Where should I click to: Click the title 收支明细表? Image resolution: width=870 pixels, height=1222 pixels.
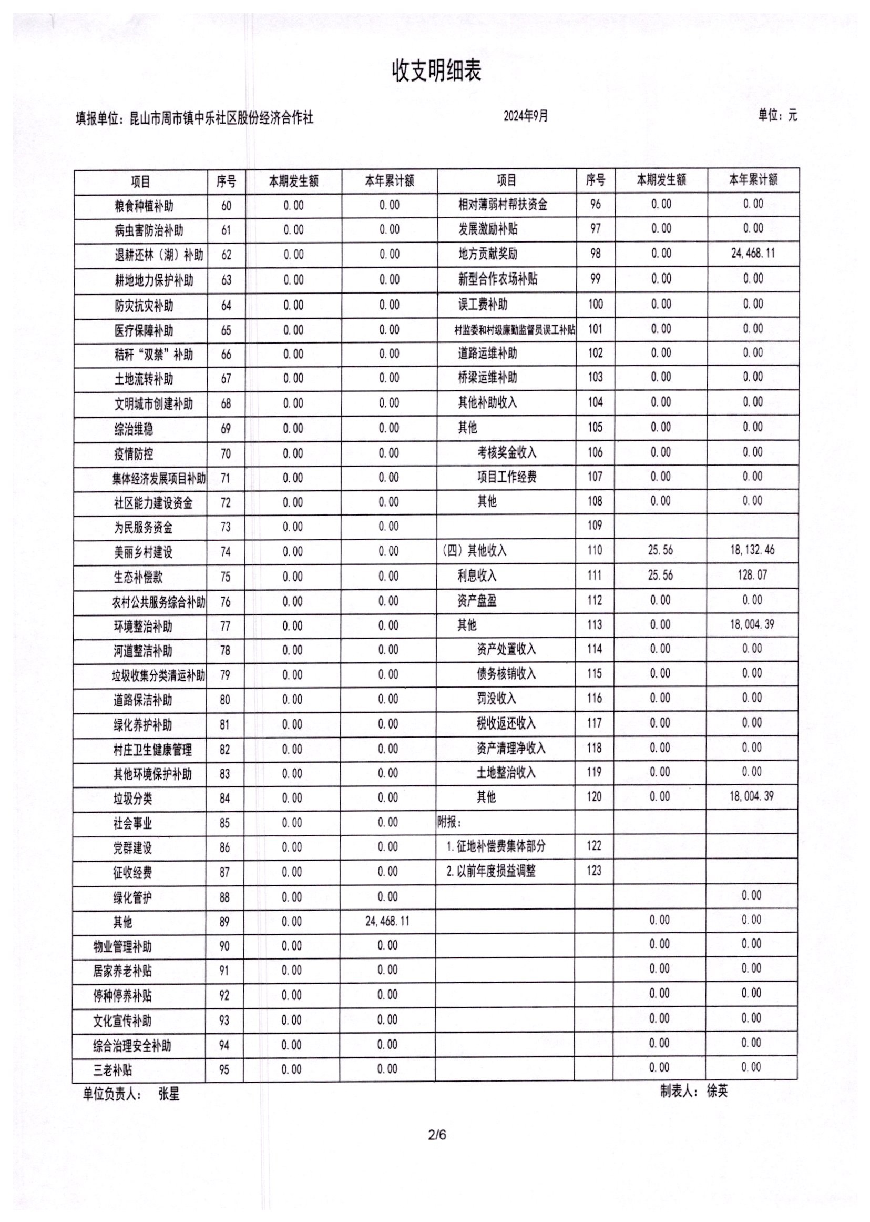click(437, 72)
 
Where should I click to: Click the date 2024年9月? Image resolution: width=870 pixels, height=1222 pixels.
click(526, 116)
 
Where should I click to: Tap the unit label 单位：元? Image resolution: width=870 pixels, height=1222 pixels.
click(777, 115)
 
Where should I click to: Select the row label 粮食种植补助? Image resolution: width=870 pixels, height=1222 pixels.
click(144, 206)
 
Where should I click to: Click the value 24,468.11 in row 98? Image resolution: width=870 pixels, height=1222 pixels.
click(753, 253)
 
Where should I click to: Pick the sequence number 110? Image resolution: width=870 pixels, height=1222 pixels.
click(595, 550)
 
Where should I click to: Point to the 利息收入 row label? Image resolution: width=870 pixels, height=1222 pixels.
click(477, 575)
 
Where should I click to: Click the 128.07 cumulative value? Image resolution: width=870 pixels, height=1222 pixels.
click(752, 575)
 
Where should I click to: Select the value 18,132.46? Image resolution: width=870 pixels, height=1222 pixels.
click(752, 550)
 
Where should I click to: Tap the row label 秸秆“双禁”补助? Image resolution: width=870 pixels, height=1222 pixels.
click(153, 355)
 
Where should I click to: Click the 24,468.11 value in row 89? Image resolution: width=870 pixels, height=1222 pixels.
click(387, 921)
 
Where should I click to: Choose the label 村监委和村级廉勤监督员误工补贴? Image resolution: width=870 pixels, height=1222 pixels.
click(514, 330)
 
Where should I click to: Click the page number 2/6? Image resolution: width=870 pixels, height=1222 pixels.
click(437, 1135)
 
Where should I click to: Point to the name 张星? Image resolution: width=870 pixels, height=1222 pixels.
click(169, 1094)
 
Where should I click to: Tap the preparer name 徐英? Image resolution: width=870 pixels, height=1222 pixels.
click(718, 1090)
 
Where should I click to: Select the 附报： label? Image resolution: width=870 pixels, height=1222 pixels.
click(449, 822)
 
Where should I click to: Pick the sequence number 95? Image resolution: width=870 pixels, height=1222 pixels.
click(224, 1070)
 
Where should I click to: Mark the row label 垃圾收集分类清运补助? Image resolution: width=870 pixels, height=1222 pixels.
click(158, 675)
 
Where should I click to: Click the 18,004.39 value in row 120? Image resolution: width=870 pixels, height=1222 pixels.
click(751, 796)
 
